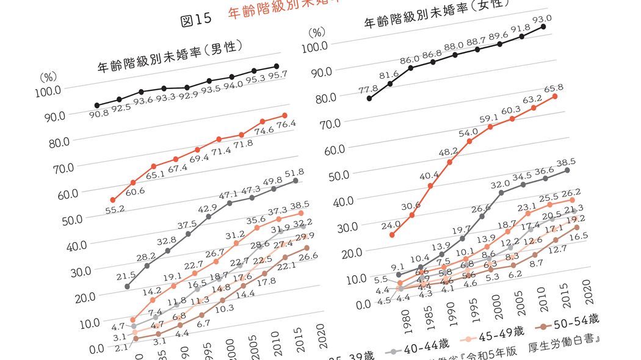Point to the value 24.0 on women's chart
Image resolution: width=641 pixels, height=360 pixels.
(x=390, y=225)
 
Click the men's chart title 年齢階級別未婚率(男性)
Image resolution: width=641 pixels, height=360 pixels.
(x=170, y=58)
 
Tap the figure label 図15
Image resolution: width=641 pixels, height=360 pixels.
(x=196, y=20)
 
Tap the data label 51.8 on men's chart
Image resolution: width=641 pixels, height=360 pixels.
(x=294, y=173)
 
